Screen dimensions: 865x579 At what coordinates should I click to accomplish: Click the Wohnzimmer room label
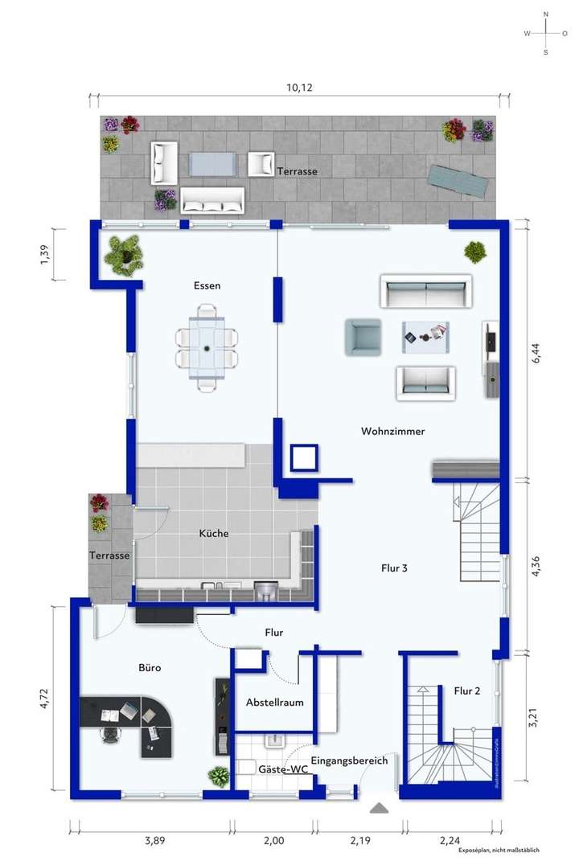(392, 432)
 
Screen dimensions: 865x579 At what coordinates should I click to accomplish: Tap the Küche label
(214, 533)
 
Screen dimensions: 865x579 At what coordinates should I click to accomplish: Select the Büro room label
(150, 667)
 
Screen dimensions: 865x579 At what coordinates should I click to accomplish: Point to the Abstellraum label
(274, 702)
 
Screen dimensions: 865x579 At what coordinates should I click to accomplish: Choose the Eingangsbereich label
(349, 760)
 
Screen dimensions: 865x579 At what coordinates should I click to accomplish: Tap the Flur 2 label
(466, 691)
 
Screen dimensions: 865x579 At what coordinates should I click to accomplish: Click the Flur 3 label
(394, 568)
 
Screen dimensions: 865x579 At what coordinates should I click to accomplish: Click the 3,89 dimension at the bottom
(155, 841)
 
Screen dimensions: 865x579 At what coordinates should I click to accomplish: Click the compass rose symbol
(545, 33)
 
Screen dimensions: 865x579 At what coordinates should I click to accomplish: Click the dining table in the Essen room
(207, 348)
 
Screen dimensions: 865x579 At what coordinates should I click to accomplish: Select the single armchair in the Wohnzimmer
(362, 337)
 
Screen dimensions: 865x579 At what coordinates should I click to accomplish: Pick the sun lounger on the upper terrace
(458, 178)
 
